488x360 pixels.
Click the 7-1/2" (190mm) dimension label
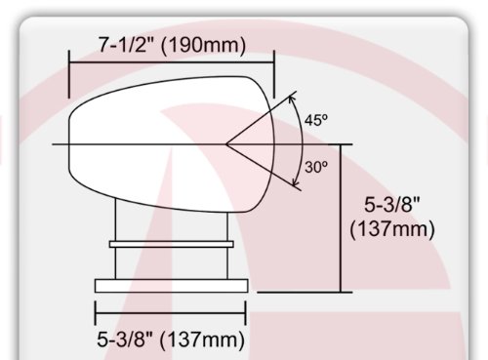click(x=172, y=45)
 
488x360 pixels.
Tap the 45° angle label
click(x=316, y=120)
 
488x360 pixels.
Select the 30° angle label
click(x=316, y=167)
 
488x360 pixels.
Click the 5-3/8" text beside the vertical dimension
click(x=391, y=205)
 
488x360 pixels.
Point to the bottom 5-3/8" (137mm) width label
click(x=171, y=340)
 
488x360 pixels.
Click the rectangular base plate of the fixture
click(x=172, y=286)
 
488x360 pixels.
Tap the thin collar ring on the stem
click(x=172, y=244)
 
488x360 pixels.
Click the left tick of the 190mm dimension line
click(x=69, y=74)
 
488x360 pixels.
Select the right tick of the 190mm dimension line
click(x=274, y=74)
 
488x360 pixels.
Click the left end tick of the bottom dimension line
click(x=95, y=313)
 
